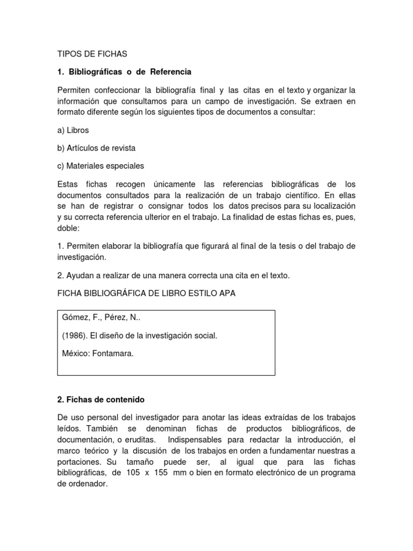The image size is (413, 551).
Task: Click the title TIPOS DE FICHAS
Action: pos(92,54)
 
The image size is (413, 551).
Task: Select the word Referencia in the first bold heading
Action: pos(170,71)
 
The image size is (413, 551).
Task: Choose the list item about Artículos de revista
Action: pos(96,148)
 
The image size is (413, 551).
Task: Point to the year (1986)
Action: pos(76,336)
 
